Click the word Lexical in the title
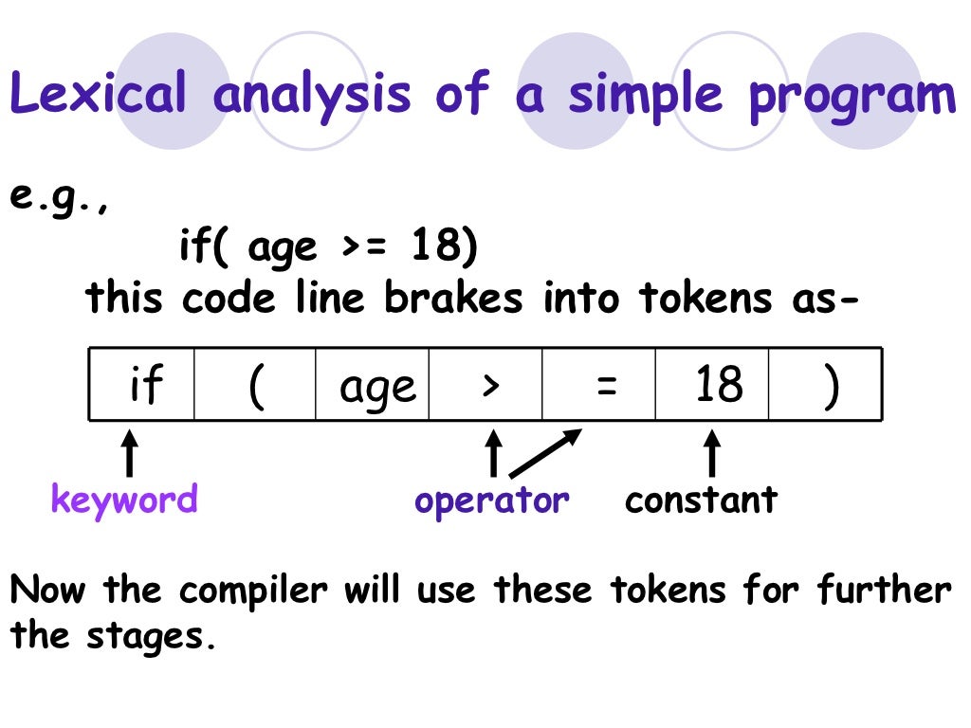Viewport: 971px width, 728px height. point(99,96)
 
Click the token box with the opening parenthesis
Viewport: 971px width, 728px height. point(255,385)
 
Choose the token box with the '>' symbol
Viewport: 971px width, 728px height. point(486,385)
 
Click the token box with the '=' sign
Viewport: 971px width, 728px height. point(599,385)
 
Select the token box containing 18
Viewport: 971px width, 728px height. point(712,385)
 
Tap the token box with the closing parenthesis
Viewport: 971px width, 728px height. point(826,385)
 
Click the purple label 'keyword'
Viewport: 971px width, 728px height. point(124,499)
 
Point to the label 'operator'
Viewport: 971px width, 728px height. point(492,500)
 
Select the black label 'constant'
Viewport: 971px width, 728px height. point(701,500)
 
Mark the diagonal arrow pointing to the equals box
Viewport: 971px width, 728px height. point(545,452)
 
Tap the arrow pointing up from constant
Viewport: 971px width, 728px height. point(711,453)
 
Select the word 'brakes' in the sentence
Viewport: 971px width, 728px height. point(453,299)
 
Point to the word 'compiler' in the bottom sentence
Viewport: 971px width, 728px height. point(253,591)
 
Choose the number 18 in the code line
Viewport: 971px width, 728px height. point(436,248)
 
